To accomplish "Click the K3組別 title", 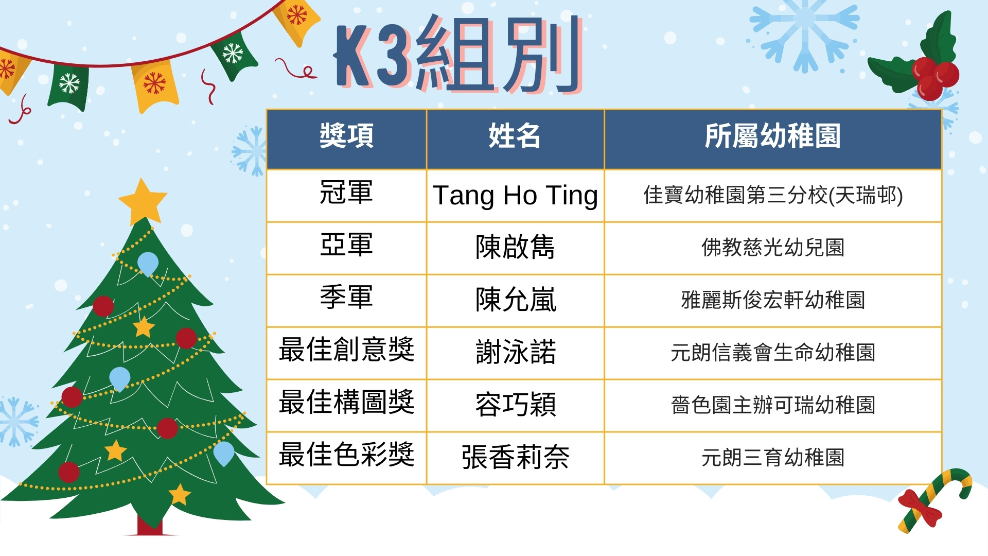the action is pyautogui.click(x=458, y=54).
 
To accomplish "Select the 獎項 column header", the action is pyautogui.click(x=346, y=136).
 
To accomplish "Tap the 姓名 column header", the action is pyautogui.click(x=515, y=136).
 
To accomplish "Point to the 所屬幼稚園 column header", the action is pyautogui.click(x=772, y=136).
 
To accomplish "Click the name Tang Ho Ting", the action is pyautogui.click(x=515, y=196).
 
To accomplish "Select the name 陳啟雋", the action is pyautogui.click(x=515, y=247).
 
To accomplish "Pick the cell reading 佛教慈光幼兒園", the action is pyautogui.click(x=773, y=248).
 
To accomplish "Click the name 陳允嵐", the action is pyautogui.click(x=516, y=300).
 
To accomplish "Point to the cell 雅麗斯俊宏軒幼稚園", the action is pyautogui.click(x=773, y=300).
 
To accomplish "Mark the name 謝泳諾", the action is pyautogui.click(x=516, y=352).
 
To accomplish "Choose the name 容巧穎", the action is pyautogui.click(x=516, y=405).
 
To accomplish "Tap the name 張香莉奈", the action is pyautogui.click(x=516, y=457).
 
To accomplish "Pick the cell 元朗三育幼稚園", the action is pyautogui.click(x=773, y=458).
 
